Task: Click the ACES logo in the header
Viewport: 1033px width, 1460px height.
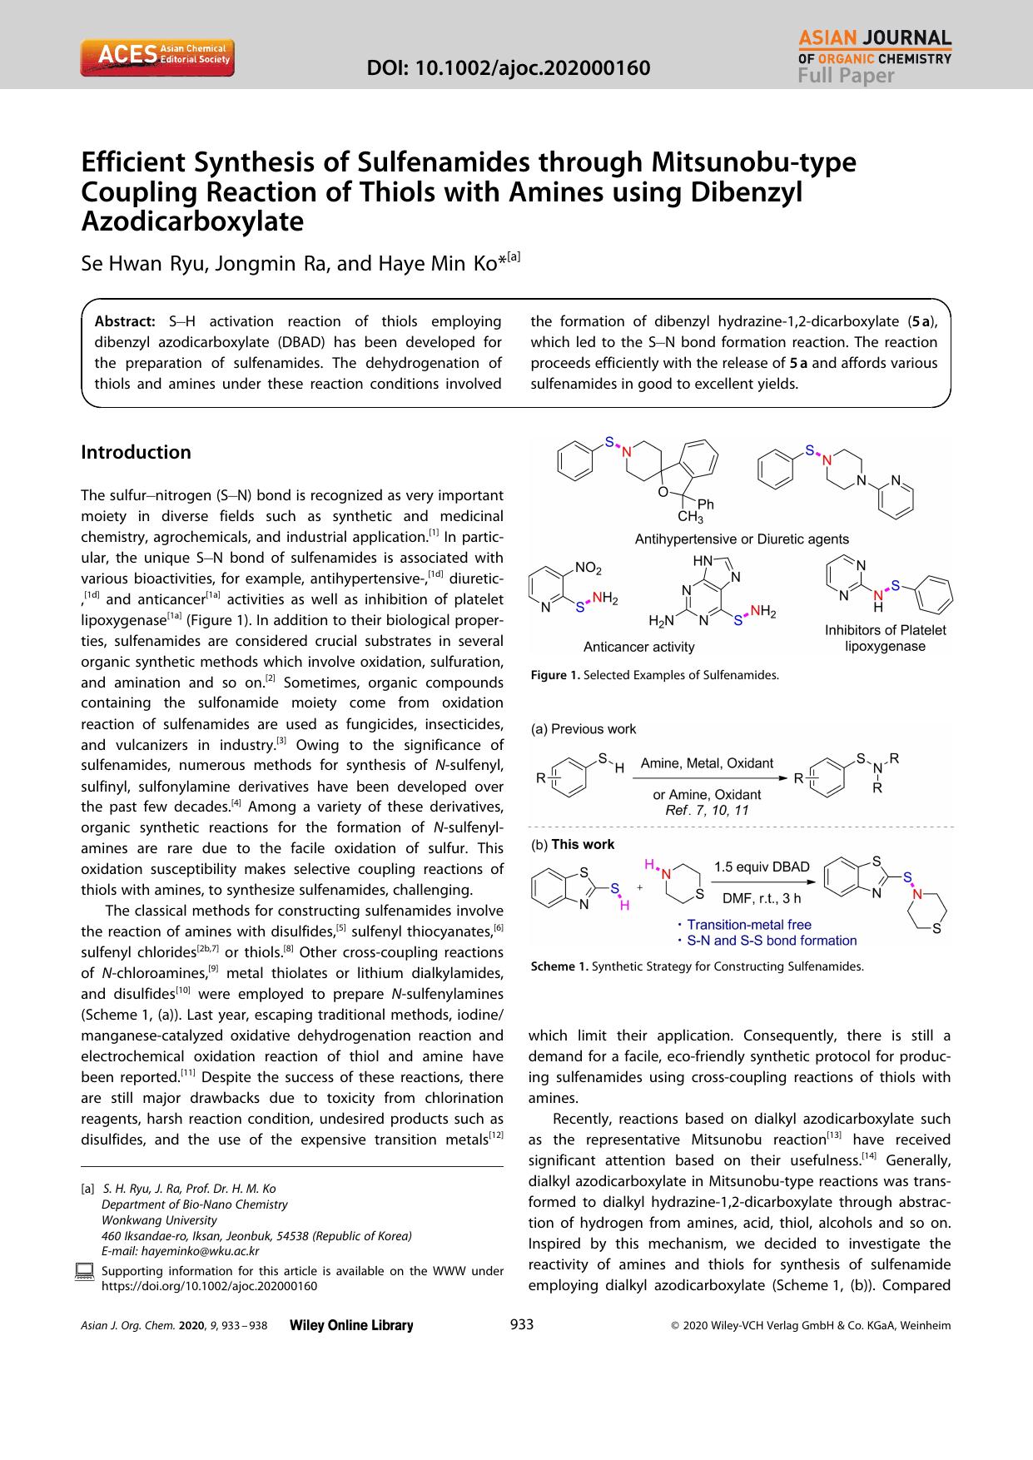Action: [156, 57]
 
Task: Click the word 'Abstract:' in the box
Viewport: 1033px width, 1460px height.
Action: [125, 321]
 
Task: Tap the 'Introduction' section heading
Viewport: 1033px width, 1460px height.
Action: [136, 452]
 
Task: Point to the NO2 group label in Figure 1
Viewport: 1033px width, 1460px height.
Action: [588, 568]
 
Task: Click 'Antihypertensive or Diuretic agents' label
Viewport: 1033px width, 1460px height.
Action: [742, 539]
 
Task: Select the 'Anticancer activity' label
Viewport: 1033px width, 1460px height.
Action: [638, 647]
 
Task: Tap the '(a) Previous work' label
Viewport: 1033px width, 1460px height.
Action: [584, 729]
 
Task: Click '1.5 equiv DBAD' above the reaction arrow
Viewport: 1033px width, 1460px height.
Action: [761, 867]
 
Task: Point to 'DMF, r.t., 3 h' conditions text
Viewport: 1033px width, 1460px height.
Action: [761, 897]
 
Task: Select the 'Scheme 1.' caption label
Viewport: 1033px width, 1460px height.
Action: [559, 966]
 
